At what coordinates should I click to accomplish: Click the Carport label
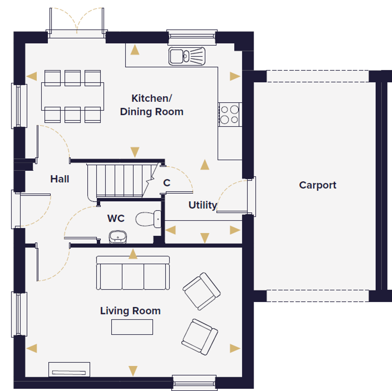click(x=318, y=185)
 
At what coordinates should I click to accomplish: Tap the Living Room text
click(x=130, y=311)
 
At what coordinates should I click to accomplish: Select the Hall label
click(x=59, y=179)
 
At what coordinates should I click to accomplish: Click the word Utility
click(x=203, y=205)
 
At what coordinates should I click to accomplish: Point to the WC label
click(x=116, y=218)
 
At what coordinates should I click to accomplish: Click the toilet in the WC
click(x=148, y=219)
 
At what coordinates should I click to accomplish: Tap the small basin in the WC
click(x=118, y=237)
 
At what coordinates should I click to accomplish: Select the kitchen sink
click(x=187, y=56)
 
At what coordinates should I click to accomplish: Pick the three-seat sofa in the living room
click(x=133, y=273)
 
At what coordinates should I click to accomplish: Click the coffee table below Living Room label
click(x=132, y=327)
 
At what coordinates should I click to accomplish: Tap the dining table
click(x=73, y=96)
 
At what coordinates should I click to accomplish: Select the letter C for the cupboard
click(x=167, y=183)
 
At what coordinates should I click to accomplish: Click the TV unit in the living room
click(x=69, y=369)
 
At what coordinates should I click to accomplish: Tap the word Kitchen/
click(x=152, y=98)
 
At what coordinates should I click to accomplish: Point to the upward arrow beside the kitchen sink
click(x=135, y=50)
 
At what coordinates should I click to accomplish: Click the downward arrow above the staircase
click(x=135, y=152)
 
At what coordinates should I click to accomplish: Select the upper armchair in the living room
click(x=202, y=291)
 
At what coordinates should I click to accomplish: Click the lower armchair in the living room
click(x=200, y=337)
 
